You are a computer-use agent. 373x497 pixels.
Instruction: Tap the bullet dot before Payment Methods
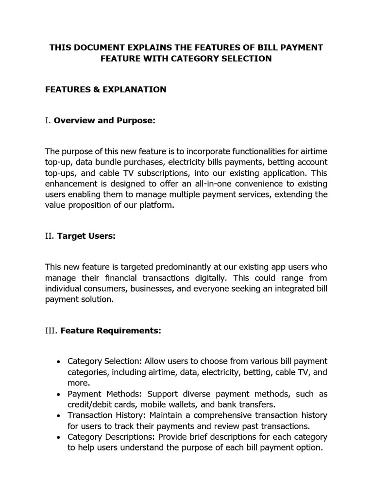pyautogui.click(x=58, y=394)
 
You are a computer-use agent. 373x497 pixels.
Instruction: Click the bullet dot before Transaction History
pyautogui.click(x=58, y=416)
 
